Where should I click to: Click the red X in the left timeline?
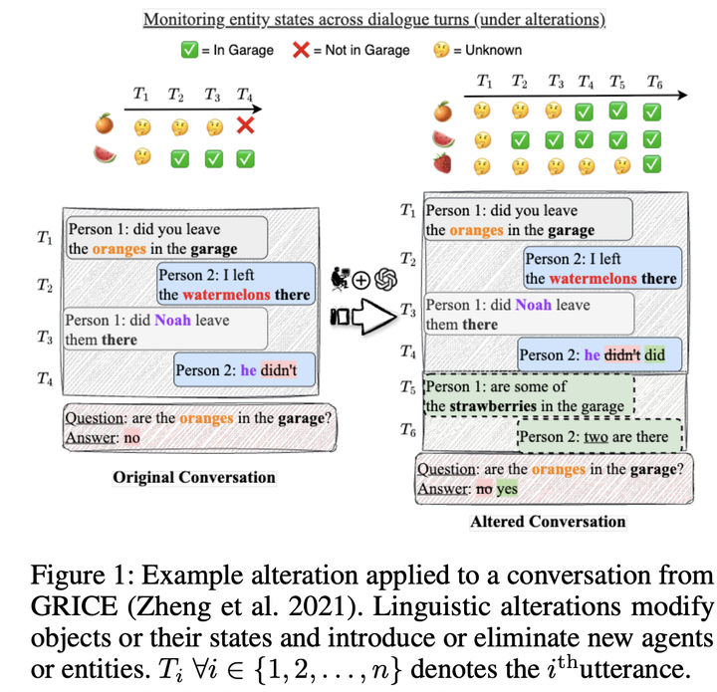(244, 126)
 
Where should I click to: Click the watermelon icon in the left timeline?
(104, 155)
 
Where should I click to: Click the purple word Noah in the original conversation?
(171, 322)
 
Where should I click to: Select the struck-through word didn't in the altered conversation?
(622, 354)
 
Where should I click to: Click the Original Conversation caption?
(194, 477)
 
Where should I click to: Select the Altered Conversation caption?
(548, 521)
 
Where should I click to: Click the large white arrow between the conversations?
(367, 317)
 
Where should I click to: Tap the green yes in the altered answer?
(508, 489)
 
